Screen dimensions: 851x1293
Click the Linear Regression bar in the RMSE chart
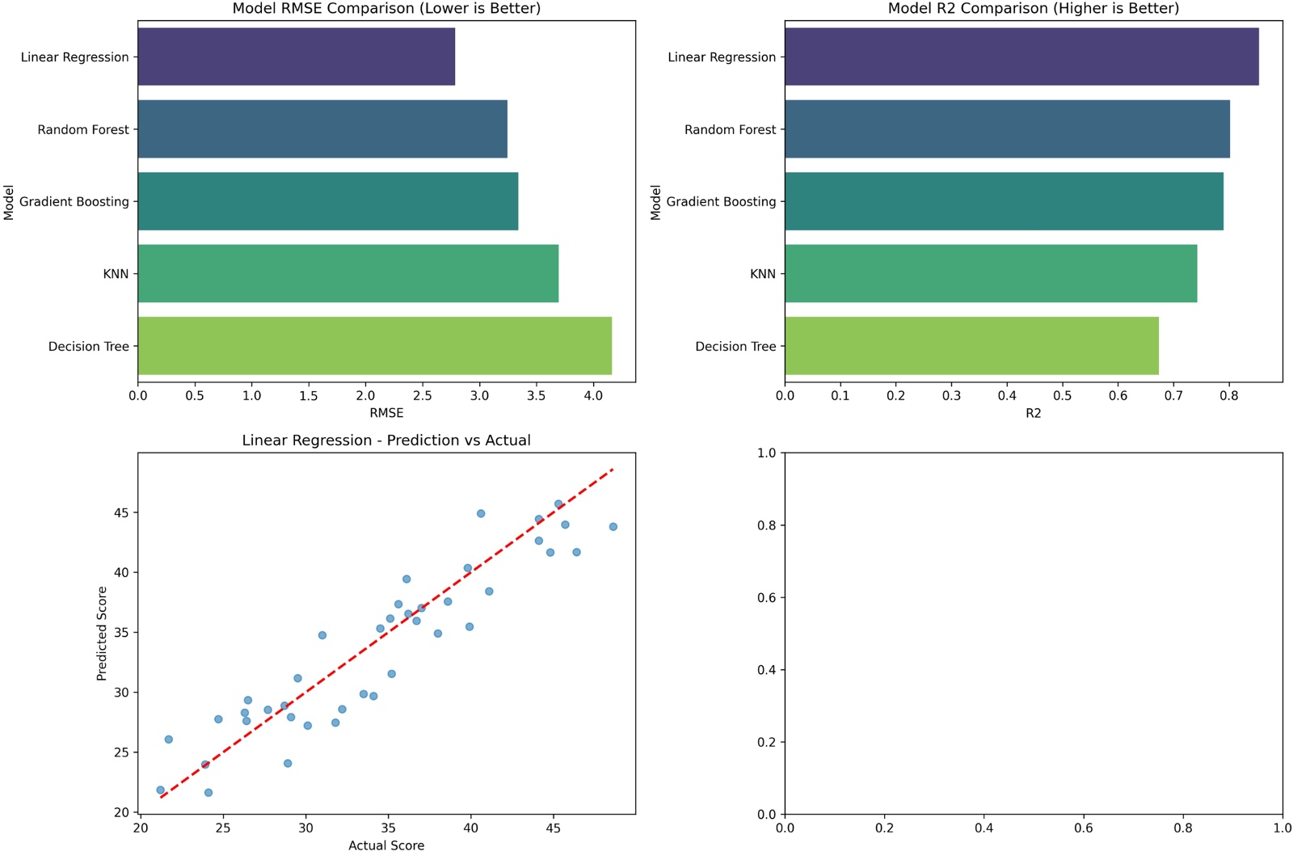(x=296, y=57)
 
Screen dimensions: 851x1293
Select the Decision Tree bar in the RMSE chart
(x=374, y=346)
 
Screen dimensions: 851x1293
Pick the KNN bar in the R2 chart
(x=991, y=274)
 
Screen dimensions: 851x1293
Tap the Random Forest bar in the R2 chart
(x=1007, y=129)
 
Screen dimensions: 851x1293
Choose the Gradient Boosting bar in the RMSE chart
(x=327, y=201)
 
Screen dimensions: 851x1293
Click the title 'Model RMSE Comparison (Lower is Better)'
(x=386, y=9)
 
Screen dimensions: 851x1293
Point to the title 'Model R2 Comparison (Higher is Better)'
(x=1033, y=9)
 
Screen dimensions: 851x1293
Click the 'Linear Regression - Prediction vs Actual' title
(x=386, y=440)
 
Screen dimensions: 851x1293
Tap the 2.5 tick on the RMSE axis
(x=423, y=396)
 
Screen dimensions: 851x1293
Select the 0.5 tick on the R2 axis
(x=1062, y=396)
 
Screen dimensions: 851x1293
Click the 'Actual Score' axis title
(x=386, y=845)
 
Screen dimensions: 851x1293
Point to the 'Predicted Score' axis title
(x=102, y=634)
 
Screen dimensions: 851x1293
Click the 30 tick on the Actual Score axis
(x=305, y=828)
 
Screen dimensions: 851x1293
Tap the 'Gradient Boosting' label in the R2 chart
(x=721, y=201)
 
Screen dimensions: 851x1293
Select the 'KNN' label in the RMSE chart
(x=116, y=274)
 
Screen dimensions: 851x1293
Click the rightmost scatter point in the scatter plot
(x=613, y=527)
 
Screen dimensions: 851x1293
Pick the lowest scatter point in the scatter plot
(x=208, y=793)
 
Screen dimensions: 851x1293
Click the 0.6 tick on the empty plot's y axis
(x=766, y=597)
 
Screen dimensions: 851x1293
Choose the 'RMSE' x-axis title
(x=386, y=413)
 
